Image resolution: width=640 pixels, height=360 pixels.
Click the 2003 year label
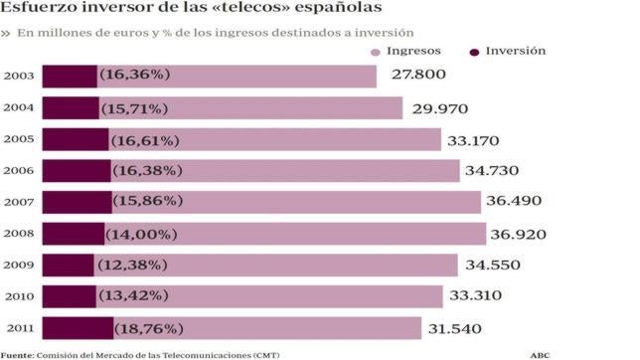coord(20,76)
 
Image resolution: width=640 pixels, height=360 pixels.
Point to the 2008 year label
coord(20,234)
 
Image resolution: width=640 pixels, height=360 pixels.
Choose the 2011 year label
coord(20,328)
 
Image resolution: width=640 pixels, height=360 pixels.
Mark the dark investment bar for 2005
coord(76,139)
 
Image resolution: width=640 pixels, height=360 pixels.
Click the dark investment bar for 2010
coord(70,296)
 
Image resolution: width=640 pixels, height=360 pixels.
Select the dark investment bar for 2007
coord(78,202)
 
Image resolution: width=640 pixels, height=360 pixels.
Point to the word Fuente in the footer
coord(17,354)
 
